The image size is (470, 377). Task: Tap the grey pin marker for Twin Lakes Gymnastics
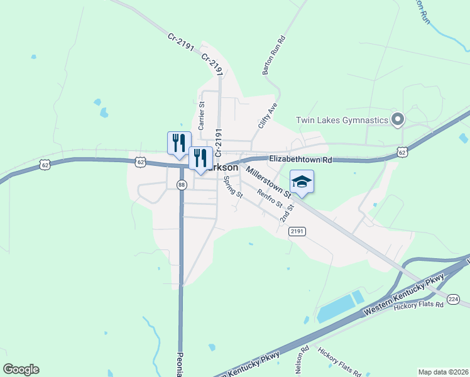coord(397,119)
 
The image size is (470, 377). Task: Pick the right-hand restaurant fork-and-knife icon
coord(200,158)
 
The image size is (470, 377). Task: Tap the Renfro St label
coord(270,202)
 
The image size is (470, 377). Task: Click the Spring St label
coord(233,187)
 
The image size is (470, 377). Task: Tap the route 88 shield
coord(182,185)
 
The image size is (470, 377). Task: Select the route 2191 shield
coord(297,232)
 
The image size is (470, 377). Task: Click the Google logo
coord(21,369)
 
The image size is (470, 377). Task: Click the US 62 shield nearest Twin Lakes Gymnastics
coord(403,152)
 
